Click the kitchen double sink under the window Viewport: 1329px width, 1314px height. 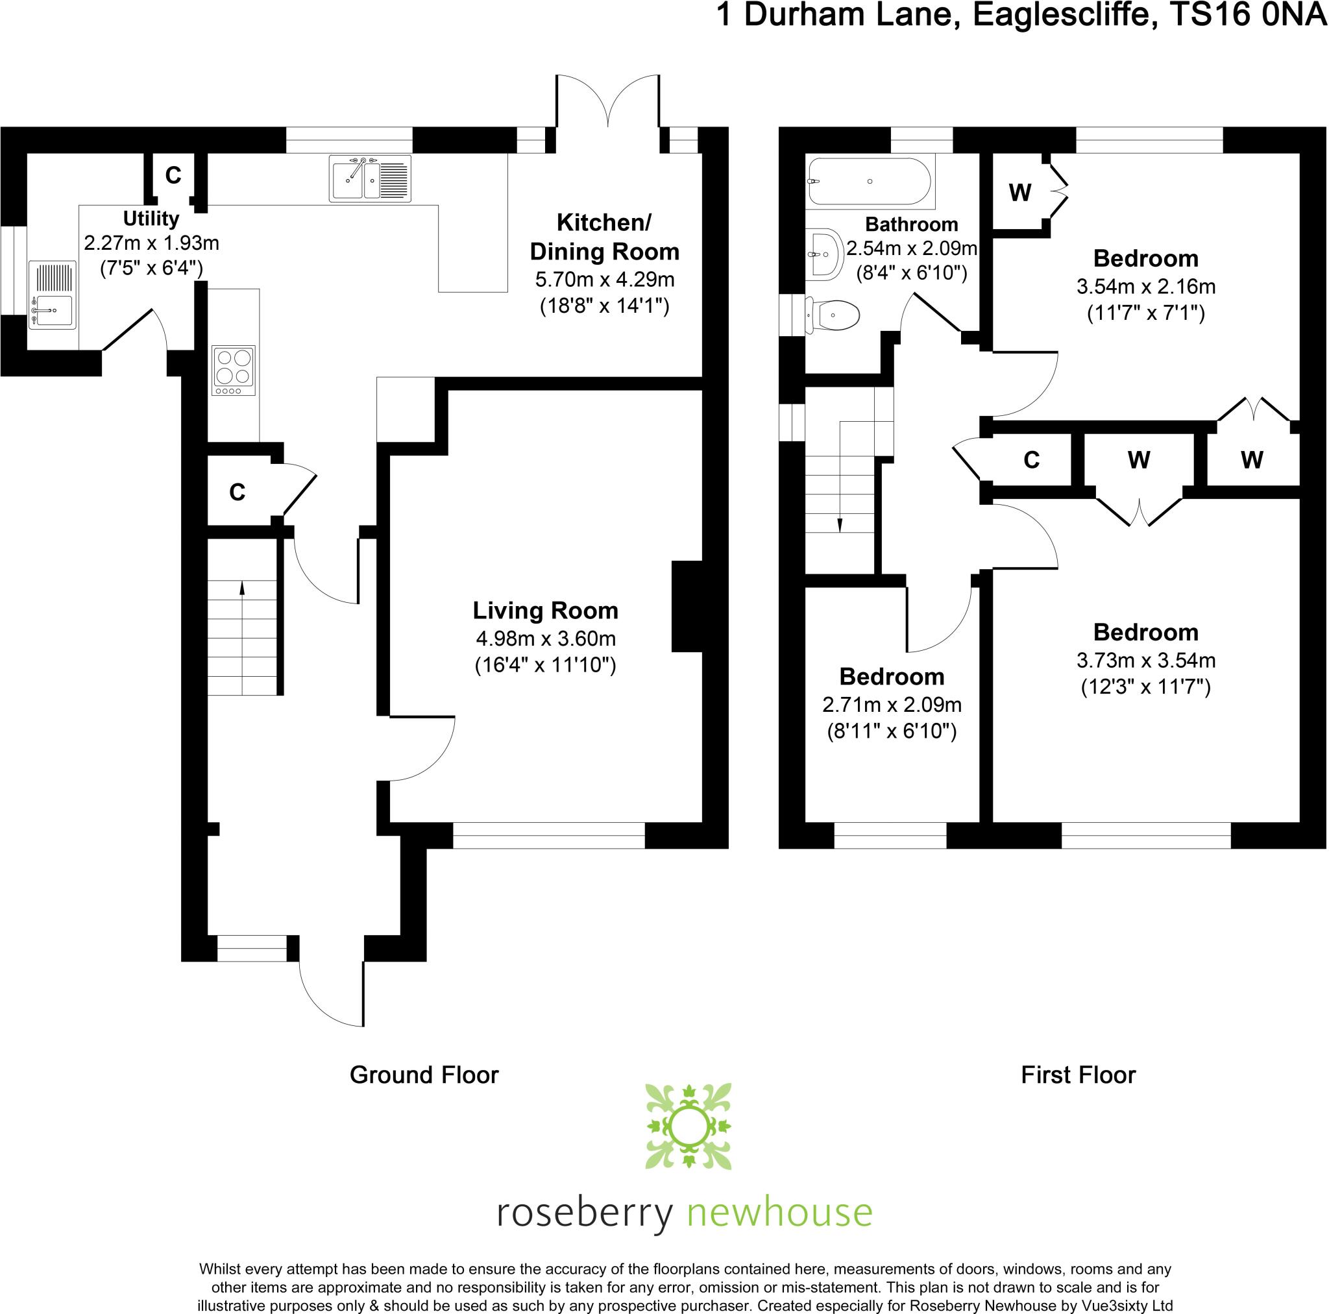point(369,178)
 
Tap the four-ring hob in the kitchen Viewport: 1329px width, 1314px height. point(234,370)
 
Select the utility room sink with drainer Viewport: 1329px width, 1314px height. point(52,295)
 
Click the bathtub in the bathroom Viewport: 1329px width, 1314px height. point(870,182)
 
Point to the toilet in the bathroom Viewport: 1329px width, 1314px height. point(833,316)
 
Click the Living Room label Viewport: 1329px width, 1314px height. point(545,610)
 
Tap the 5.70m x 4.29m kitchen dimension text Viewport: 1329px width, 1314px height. point(604,279)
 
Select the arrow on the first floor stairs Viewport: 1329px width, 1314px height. point(839,525)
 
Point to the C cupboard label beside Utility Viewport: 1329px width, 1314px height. point(173,176)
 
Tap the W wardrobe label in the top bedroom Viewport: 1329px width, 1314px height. point(1019,193)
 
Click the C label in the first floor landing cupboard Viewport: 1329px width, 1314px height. point(1031,459)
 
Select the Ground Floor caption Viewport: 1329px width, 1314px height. point(424,1075)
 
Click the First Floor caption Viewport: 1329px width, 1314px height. point(1078,1075)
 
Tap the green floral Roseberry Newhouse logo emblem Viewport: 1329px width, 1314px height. point(688,1126)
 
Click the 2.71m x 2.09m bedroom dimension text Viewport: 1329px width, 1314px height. point(892,705)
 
